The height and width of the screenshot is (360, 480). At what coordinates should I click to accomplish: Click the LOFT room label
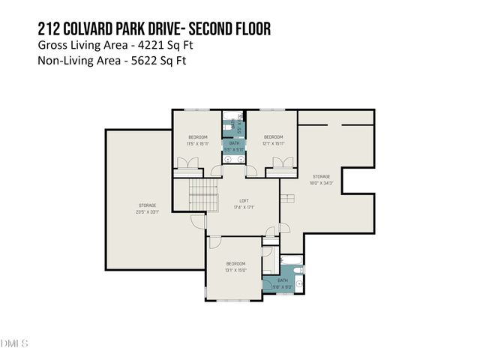click(x=244, y=202)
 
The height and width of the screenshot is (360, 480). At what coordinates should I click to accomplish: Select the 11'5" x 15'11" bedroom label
click(x=198, y=139)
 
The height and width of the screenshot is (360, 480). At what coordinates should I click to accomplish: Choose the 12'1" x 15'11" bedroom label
click(x=273, y=139)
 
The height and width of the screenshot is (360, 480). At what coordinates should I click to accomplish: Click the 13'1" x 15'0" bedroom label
click(x=236, y=267)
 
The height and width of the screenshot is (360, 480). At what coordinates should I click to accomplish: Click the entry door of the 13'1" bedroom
click(x=214, y=242)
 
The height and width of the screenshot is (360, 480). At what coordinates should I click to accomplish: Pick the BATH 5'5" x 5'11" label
click(x=234, y=145)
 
